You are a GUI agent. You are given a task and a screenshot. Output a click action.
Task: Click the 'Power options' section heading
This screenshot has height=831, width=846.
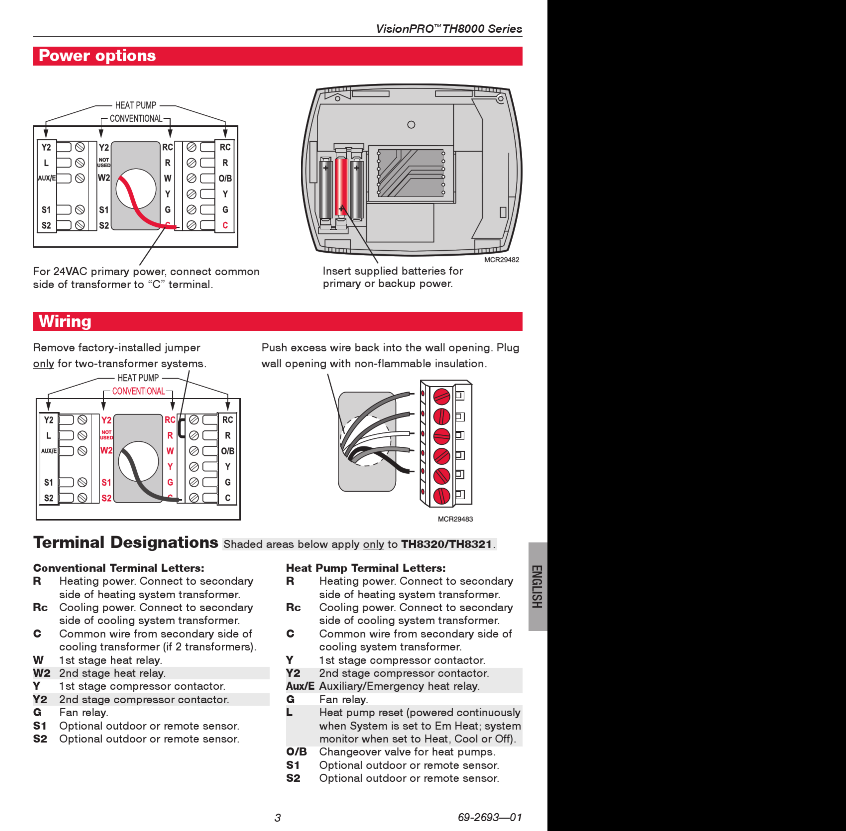tap(97, 56)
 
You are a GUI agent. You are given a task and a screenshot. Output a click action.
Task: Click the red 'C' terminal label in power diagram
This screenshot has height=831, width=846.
tap(225, 225)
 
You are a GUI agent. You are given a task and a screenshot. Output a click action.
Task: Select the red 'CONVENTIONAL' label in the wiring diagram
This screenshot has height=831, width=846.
tap(138, 391)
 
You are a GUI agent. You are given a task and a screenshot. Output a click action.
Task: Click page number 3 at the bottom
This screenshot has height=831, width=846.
tap(277, 818)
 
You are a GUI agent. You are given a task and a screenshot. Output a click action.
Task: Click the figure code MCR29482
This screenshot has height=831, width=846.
tap(502, 260)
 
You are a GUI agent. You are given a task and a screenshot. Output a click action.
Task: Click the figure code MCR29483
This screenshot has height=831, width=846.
tap(455, 519)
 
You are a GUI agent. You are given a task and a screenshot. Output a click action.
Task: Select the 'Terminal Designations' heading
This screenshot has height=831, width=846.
tap(126, 542)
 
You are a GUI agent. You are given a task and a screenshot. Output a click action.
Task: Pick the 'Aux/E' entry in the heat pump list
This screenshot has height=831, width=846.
tap(300, 686)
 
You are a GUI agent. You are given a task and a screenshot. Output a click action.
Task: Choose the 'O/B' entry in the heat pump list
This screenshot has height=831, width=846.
tap(296, 752)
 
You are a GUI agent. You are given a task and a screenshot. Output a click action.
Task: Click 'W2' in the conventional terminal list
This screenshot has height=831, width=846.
tap(42, 673)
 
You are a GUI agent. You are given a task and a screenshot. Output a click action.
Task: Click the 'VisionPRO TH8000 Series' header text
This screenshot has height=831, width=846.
tap(449, 29)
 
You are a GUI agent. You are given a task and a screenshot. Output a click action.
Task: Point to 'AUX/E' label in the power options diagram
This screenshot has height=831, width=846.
tap(47, 178)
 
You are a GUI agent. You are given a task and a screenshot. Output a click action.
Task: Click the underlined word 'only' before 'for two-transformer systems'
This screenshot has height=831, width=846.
tap(44, 364)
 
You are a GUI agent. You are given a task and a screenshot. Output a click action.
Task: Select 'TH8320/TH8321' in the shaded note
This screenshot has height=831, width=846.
tap(446, 544)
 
